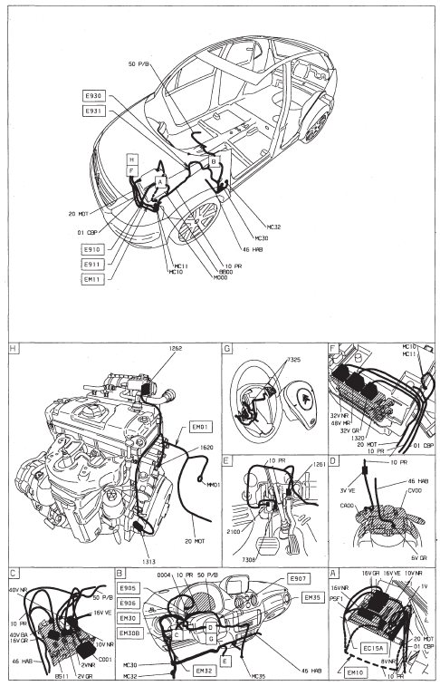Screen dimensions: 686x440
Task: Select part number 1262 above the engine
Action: tap(175, 349)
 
